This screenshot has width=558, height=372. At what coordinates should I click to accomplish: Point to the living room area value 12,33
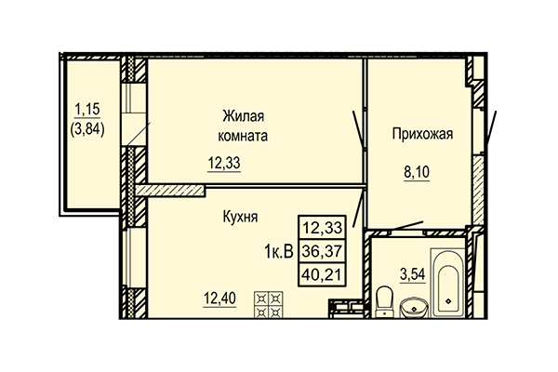[222, 164]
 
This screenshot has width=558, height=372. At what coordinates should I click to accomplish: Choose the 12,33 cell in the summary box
[319, 227]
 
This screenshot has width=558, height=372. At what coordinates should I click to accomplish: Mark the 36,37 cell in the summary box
[319, 251]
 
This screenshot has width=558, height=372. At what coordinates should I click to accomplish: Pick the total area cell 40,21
[319, 274]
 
